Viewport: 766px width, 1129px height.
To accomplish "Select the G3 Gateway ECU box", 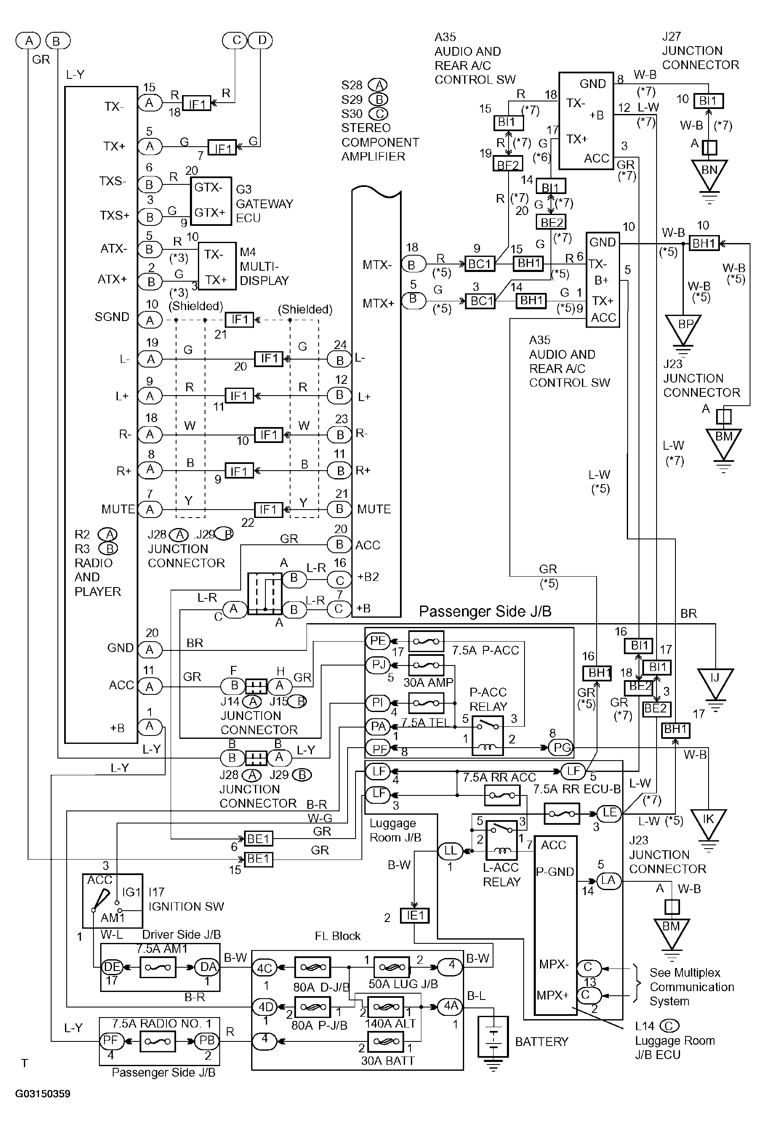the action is click(210, 201).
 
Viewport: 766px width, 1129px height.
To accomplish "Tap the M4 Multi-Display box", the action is click(217, 267).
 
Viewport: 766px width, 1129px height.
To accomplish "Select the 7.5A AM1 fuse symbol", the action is click(158, 967).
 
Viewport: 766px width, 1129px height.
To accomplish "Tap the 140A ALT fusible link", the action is click(385, 1006).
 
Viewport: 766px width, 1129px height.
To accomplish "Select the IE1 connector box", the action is click(415, 916).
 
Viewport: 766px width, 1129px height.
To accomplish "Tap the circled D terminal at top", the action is click(261, 40).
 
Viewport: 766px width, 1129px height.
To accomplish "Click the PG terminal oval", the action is click(561, 748).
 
